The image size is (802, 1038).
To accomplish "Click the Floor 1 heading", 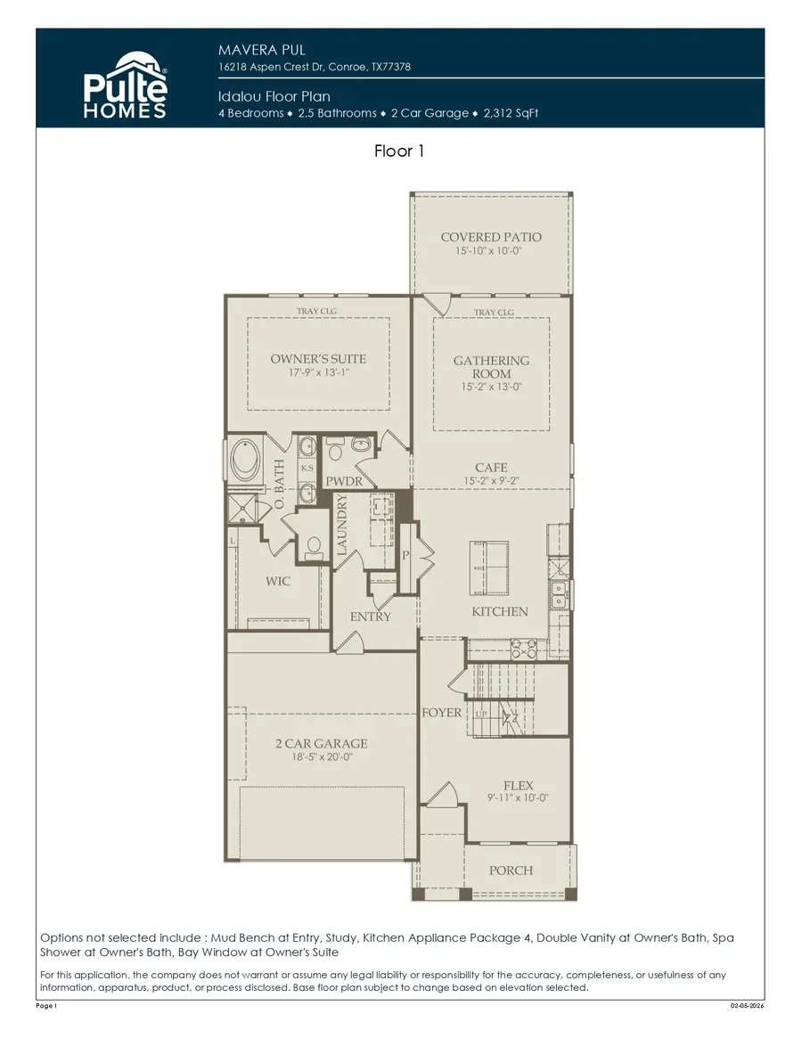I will (399, 151).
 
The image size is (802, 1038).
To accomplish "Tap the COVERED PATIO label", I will (491, 237).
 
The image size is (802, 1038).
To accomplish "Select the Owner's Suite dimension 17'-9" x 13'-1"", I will (318, 374).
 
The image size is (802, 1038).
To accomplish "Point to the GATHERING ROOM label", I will (491, 366).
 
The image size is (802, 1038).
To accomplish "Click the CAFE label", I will (491, 467).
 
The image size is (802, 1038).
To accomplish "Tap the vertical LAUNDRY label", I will (342, 527).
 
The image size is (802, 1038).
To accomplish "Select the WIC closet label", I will (278, 581).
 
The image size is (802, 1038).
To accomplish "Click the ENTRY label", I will (371, 617).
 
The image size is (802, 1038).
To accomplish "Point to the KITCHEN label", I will (500, 612).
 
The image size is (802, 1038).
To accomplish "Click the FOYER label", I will (442, 712).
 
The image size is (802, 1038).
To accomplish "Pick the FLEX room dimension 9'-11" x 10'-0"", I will (519, 798).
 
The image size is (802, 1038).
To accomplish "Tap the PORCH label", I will (511, 870).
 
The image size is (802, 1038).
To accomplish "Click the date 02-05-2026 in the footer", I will (747, 1006).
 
